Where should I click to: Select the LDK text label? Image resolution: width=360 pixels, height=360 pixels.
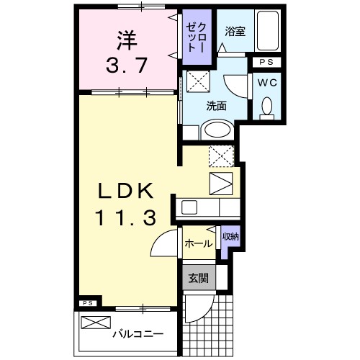(125, 191)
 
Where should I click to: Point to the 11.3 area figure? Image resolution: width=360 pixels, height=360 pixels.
(126, 218)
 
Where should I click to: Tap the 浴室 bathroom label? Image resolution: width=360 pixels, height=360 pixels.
(234, 31)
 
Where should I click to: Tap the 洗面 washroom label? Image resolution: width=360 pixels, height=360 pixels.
(216, 105)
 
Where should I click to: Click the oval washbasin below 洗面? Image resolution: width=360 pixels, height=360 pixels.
(215, 130)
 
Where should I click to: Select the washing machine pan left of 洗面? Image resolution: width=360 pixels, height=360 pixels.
(198, 80)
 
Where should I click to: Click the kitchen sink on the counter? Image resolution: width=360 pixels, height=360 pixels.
(191, 207)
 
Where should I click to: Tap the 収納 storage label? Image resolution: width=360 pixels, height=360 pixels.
(230, 237)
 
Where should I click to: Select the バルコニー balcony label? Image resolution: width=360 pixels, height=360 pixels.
(138, 334)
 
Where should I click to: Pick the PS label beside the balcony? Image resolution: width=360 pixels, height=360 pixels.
(86, 303)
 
